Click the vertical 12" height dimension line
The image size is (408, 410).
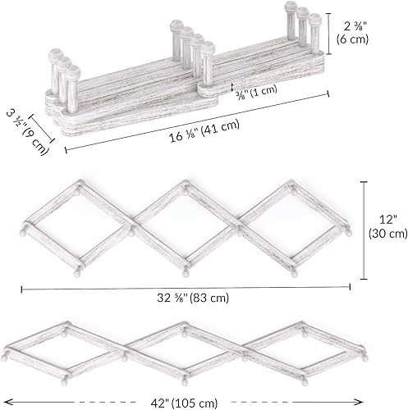365,225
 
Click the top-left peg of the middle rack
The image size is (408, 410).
79,184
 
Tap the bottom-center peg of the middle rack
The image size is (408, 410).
186,269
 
